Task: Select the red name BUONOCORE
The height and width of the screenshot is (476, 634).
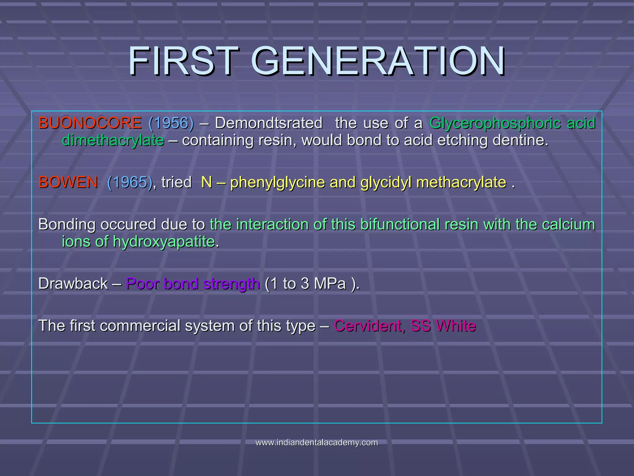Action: (90, 123)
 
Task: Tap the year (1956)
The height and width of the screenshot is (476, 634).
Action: (171, 123)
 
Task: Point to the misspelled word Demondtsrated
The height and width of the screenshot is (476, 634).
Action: (268, 123)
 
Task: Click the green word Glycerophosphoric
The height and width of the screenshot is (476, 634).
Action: (495, 123)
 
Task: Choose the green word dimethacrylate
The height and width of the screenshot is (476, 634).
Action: (113, 140)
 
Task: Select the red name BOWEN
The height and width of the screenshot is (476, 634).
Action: (68, 182)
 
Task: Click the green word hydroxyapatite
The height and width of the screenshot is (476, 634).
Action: (164, 242)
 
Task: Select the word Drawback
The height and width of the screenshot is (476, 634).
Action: (73, 284)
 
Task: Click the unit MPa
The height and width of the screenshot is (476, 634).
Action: (330, 284)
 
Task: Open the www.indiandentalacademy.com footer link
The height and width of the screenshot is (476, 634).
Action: (317, 443)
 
